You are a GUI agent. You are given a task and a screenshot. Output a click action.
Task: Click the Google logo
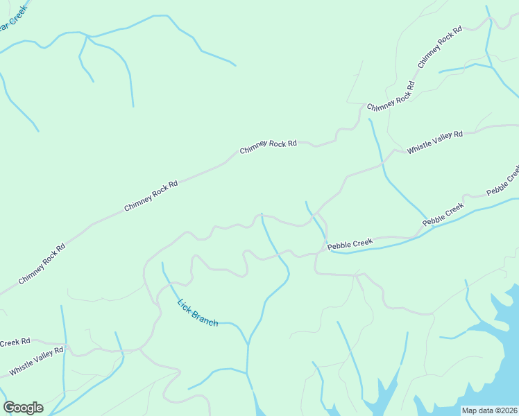click(23, 407)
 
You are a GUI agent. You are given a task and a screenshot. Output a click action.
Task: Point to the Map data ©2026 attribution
click(488, 410)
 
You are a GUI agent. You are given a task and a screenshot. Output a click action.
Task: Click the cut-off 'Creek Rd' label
click(15, 343)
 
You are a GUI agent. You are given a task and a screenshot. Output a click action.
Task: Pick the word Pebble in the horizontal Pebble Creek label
click(340, 245)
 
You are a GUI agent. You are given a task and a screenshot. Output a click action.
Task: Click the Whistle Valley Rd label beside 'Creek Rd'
click(36, 362)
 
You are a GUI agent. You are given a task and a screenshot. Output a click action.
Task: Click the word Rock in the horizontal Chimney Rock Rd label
click(275, 146)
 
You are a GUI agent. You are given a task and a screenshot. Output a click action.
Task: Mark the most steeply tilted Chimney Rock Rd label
click(439, 48)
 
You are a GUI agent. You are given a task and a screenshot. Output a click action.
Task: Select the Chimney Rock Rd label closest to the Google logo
click(41, 263)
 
